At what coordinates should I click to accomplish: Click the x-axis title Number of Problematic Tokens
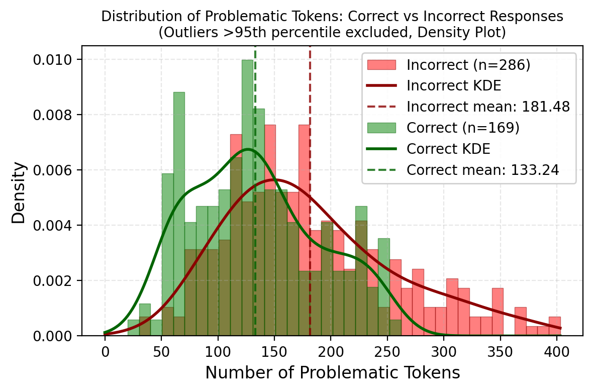(332, 372)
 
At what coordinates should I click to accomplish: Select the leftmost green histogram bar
(133, 328)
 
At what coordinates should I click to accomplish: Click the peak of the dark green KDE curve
(247, 149)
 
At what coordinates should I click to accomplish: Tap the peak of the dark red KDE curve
(275, 179)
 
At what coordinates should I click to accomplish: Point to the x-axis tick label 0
(105, 350)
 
